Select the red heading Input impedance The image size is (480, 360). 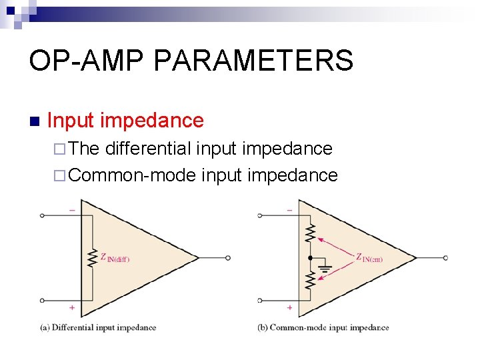click(x=125, y=121)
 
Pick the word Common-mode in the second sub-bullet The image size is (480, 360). click(x=131, y=175)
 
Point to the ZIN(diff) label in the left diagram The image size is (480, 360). click(x=115, y=258)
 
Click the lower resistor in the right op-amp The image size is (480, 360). click(x=309, y=281)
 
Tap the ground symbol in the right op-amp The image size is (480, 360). click(x=326, y=269)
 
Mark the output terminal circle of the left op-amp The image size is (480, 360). click(x=228, y=258)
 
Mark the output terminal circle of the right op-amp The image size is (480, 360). click(x=445, y=258)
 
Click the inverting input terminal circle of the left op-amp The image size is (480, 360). click(x=42, y=215)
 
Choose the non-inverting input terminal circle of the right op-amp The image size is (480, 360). click(x=259, y=301)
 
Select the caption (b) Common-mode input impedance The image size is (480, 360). click(x=323, y=327)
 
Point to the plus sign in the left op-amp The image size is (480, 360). click(x=71, y=308)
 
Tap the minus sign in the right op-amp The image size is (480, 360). click(x=289, y=210)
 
